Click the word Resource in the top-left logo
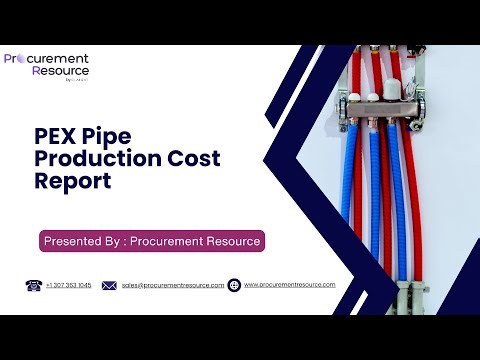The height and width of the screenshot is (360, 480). coord(59,72)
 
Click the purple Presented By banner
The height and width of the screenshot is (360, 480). coord(152,241)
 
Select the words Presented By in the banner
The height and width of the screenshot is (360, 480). coord(84,241)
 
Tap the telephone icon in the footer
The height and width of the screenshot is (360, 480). coord(32,285)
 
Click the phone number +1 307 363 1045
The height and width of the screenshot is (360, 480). coord(68,285)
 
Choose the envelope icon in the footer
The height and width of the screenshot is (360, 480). coord(110,285)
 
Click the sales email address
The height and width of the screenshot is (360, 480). coord(173,285)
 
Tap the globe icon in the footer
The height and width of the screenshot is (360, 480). coord(234,285)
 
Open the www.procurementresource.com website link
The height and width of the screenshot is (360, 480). coord(290,285)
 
